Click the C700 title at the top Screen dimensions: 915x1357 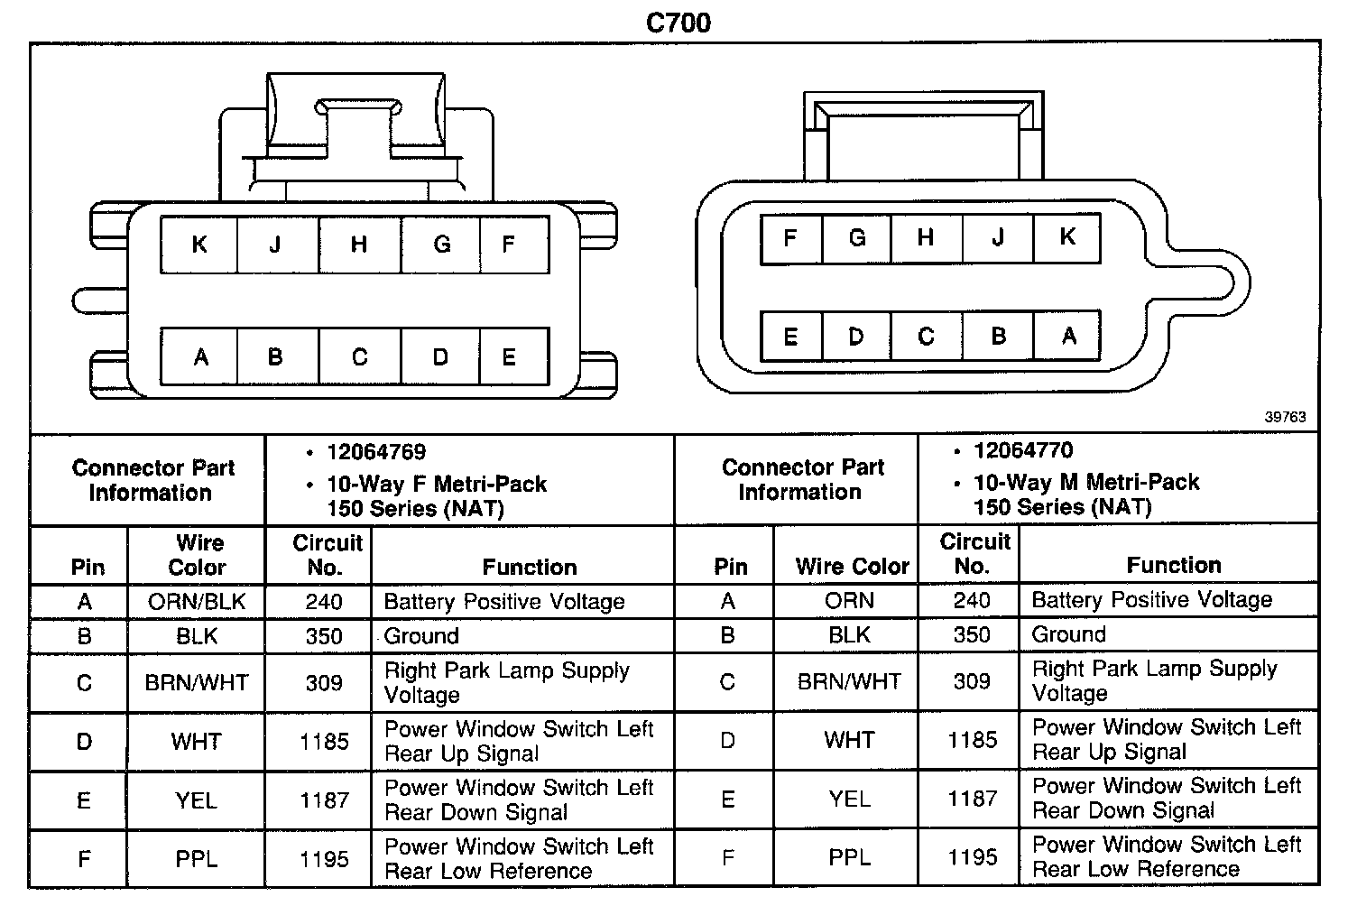coord(678,22)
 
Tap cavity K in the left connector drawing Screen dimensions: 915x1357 coord(199,245)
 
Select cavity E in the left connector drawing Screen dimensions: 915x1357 coord(509,357)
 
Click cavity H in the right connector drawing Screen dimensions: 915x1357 coord(925,238)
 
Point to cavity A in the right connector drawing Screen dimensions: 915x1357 coord(1068,337)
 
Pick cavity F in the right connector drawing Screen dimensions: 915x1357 coord(790,238)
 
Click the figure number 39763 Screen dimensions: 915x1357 coord(1285,417)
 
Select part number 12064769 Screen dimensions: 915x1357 coord(376,452)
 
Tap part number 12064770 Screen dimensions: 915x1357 coord(1023,450)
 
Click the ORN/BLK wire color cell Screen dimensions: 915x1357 coord(197,602)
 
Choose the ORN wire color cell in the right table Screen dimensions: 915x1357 coord(849,600)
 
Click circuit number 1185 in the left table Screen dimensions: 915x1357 coord(324,742)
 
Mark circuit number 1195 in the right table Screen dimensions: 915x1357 coord(972,857)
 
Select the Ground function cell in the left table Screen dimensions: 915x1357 coord(421,636)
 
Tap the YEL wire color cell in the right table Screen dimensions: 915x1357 coord(849,799)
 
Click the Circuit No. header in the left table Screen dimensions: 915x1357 coord(327,555)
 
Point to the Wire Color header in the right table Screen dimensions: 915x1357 coord(852,567)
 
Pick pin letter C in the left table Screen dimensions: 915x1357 coord(84,683)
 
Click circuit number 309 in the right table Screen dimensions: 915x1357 coord(972,681)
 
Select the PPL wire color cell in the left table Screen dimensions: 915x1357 coord(197,859)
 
